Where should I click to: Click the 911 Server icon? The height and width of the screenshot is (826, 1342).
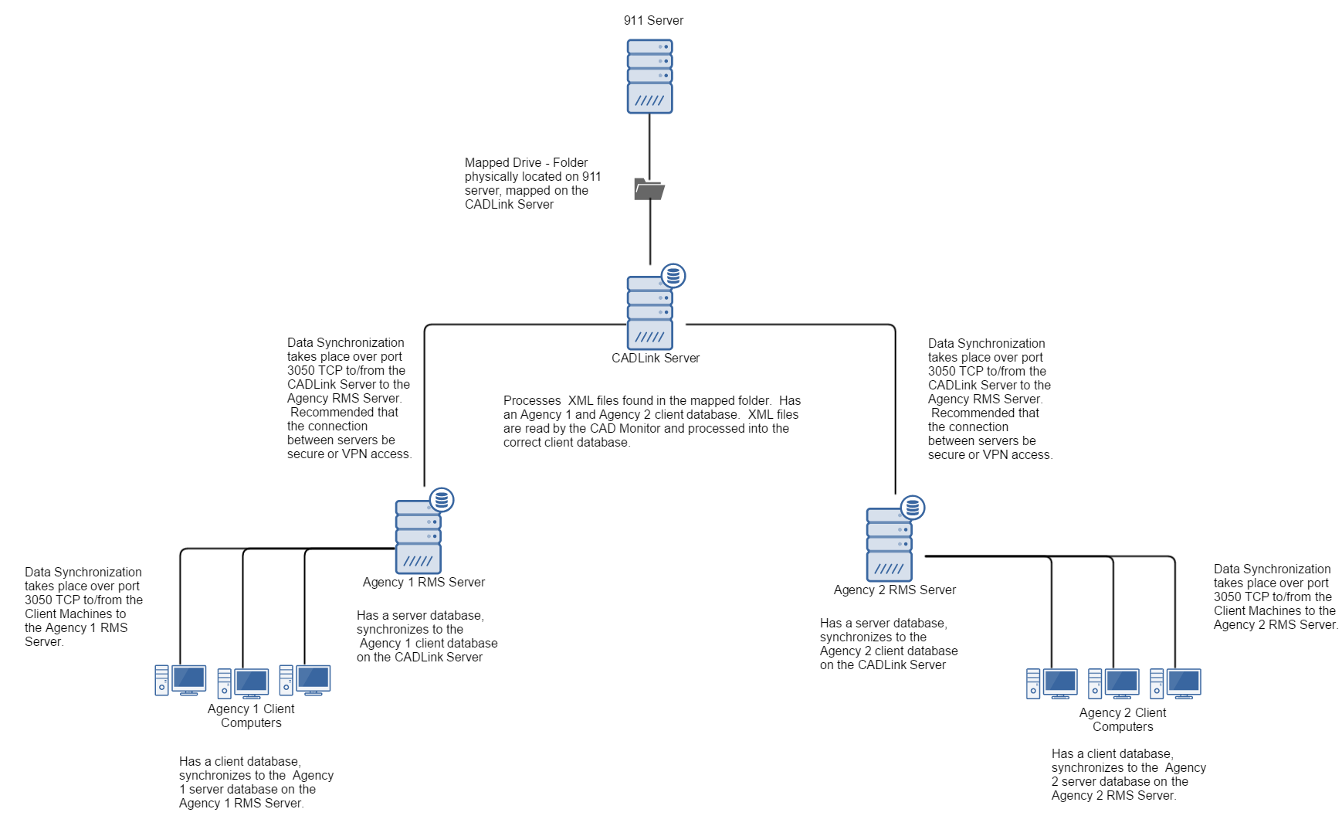point(649,76)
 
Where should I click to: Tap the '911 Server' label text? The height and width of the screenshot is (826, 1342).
point(653,21)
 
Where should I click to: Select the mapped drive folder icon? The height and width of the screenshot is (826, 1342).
point(649,189)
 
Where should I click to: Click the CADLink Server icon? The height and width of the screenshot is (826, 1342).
point(649,314)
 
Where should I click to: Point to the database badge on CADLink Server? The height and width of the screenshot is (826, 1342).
point(673,276)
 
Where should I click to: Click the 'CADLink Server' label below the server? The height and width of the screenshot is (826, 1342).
point(656,359)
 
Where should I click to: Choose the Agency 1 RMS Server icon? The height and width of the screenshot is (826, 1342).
point(418,538)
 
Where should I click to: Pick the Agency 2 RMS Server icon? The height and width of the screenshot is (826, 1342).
point(889,546)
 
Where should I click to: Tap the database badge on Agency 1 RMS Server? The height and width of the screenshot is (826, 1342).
point(442,500)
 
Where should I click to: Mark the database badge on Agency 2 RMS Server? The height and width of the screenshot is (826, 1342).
point(913,508)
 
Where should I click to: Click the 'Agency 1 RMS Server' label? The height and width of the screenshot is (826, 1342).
point(424,583)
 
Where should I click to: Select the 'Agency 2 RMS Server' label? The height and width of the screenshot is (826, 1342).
point(895,590)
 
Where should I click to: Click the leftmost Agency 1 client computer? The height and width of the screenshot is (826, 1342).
point(181,681)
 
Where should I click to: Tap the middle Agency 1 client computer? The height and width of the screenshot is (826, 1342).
point(243,683)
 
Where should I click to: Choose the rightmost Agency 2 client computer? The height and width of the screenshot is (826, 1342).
point(1175,684)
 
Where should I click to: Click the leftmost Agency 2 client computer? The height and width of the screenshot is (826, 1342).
point(1052,684)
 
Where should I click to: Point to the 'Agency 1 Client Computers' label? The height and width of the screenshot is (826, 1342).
point(251,716)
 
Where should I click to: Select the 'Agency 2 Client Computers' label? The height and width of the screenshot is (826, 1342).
point(1123,720)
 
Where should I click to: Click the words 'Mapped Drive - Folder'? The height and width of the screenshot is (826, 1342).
point(526,163)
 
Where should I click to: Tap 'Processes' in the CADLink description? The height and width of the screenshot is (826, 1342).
point(532,401)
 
